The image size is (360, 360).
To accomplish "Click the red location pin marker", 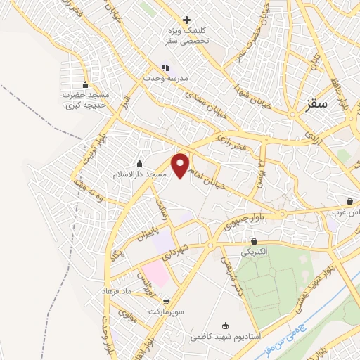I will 182,165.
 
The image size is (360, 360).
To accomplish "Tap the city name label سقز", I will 318,103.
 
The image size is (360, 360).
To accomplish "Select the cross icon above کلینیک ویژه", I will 186,20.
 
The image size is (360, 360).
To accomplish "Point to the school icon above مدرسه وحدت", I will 165,67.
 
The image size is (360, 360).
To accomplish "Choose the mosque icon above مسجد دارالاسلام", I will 139,164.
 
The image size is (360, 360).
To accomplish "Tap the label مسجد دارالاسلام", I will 141,173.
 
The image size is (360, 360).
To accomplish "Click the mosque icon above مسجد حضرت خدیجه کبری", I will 86,84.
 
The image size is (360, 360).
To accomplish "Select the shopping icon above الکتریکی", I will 254,240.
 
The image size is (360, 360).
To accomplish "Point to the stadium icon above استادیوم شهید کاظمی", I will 225,326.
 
